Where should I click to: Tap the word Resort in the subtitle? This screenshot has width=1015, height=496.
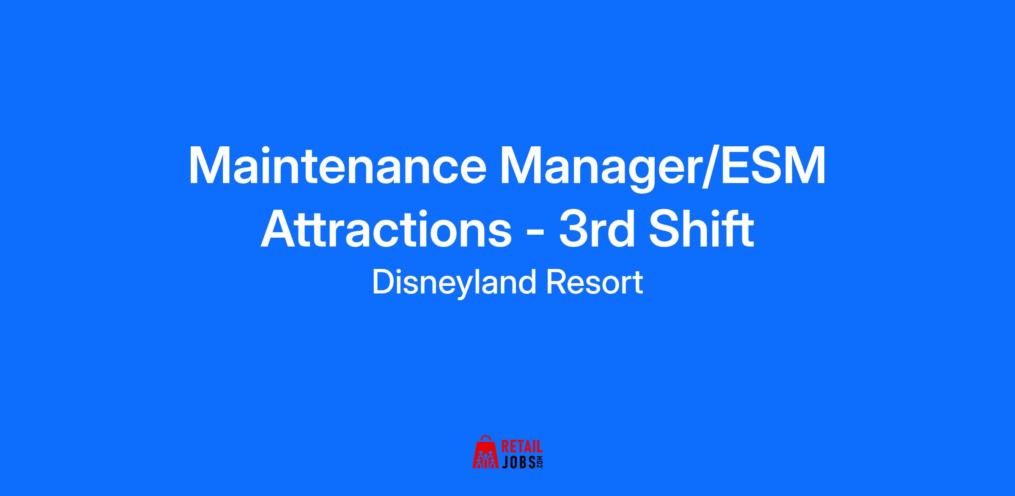click(594, 282)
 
